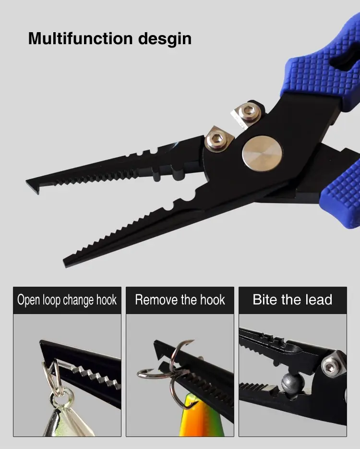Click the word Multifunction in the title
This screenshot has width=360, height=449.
point(81,38)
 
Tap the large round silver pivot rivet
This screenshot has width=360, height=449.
point(262,154)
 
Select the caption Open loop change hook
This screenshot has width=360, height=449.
point(67,300)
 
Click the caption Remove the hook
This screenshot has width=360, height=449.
point(180,300)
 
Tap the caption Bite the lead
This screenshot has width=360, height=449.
point(292,300)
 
